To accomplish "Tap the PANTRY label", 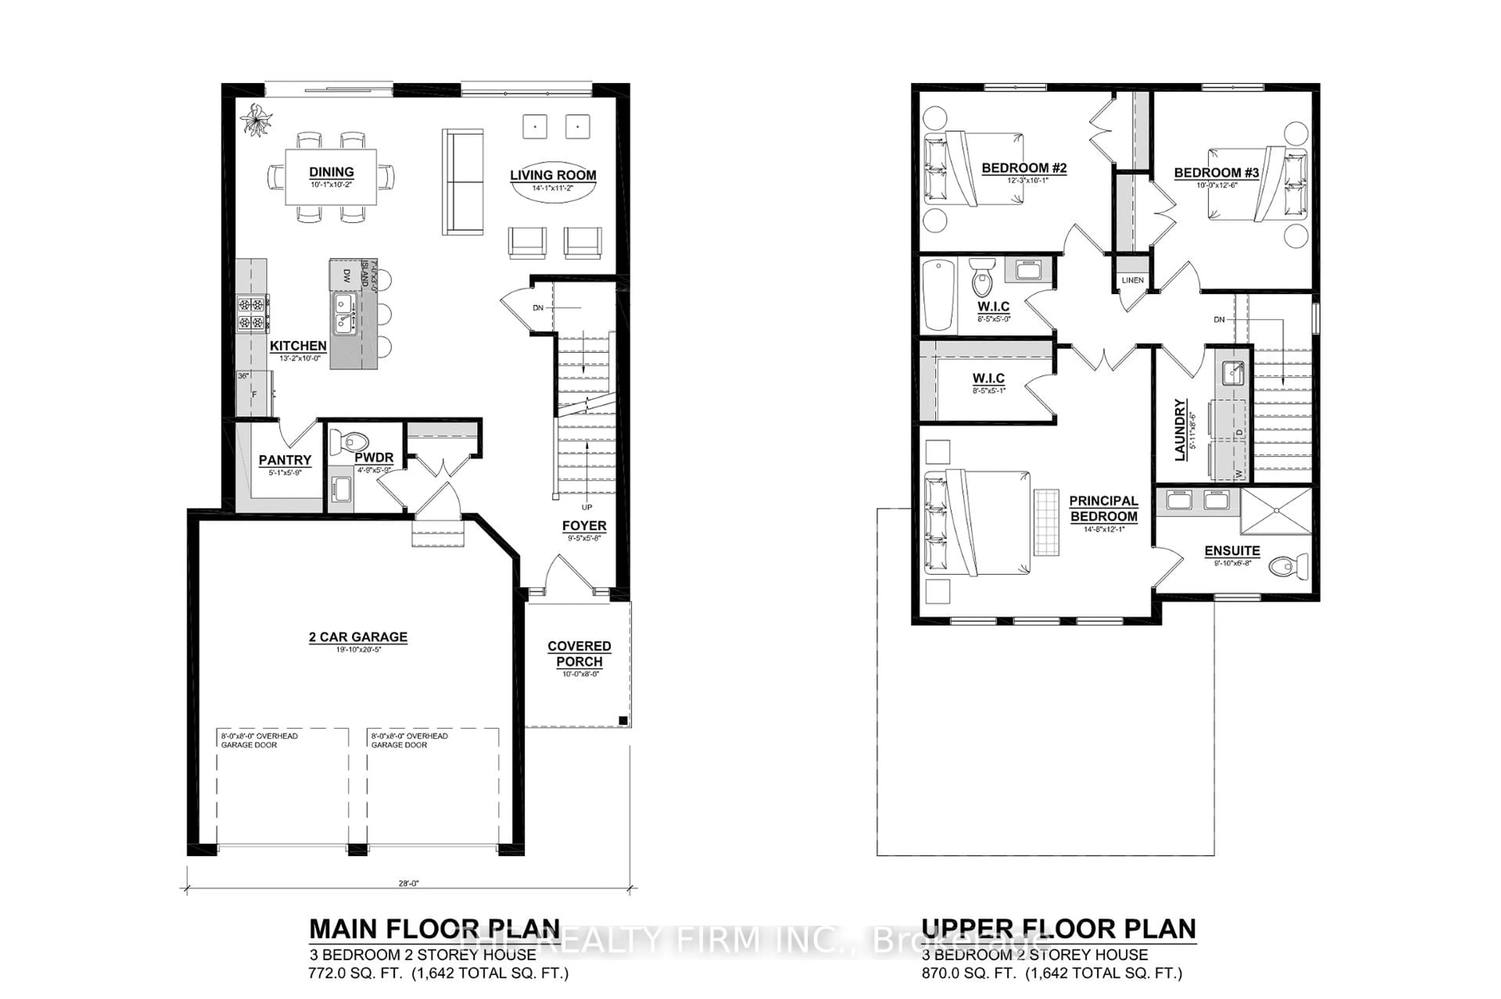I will (x=285, y=460).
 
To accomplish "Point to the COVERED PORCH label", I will (x=579, y=653).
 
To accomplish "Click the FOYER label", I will (x=584, y=526).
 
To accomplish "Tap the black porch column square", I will (x=623, y=721).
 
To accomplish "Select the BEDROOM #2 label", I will (x=1023, y=168).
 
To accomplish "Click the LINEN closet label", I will (x=1132, y=280).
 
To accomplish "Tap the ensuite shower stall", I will (x=1275, y=510).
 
